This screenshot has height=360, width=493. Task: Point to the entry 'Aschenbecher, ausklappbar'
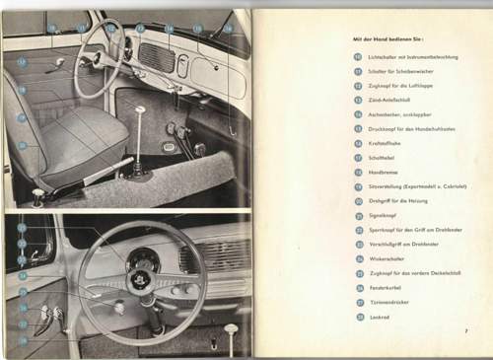(400, 113)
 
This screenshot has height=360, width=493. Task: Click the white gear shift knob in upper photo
(139, 109)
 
